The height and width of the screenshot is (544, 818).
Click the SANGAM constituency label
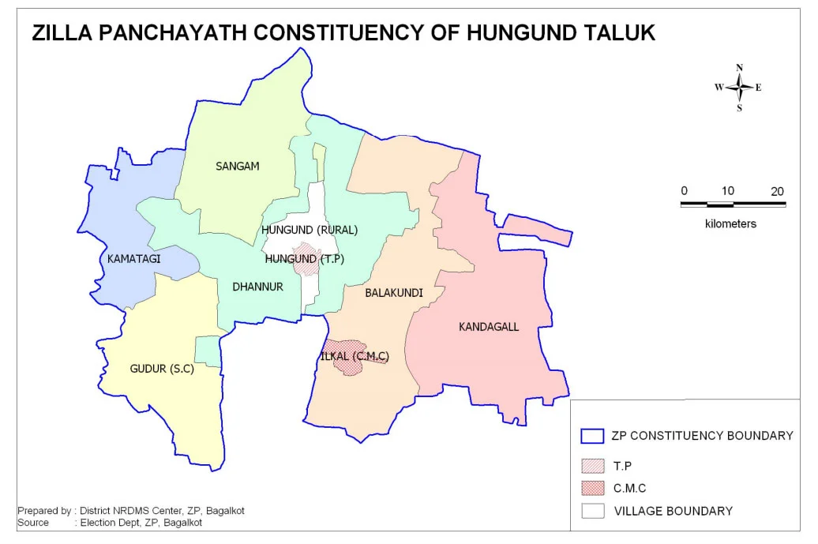(x=237, y=166)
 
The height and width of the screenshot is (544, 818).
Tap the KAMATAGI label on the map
(x=132, y=259)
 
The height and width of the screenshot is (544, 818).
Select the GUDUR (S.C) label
(x=161, y=369)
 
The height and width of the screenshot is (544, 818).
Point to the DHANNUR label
(x=257, y=287)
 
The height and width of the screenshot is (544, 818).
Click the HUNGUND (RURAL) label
(x=309, y=231)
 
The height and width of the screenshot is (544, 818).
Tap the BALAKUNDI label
(x=393, y=293)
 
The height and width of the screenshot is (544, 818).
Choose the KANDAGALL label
(x=489, y=327)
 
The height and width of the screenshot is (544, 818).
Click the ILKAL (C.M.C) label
(x=354, y=357)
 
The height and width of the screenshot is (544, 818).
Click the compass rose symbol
(x=739, y=88)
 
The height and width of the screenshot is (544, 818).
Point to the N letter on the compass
(x=739, y=68)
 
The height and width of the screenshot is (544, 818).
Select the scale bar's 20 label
(x=777, y=191)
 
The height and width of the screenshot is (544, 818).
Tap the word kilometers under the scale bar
(x=730, y=223)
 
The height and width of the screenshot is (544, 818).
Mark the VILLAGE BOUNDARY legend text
(x=673, y=511)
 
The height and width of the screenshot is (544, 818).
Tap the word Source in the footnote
(x=33, y=523)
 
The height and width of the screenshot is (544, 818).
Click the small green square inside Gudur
(x=207, y=351)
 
